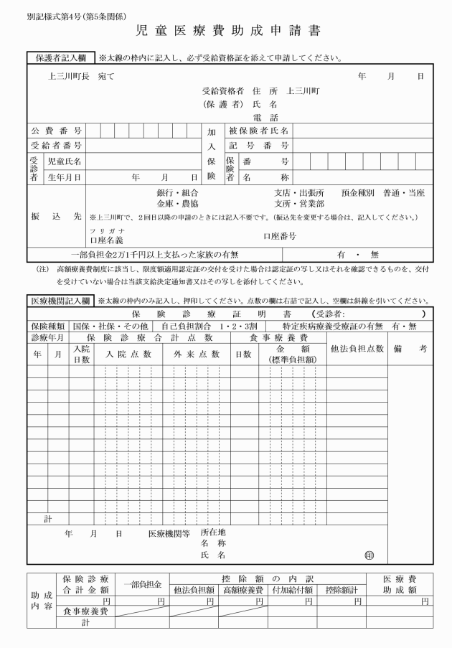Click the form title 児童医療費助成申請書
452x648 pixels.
pyautogui.click(x=227, y=32)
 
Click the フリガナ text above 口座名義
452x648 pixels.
pyautogui.click(x=101, y=230)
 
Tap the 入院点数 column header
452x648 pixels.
pyautogui.click(x=128, y=354)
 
